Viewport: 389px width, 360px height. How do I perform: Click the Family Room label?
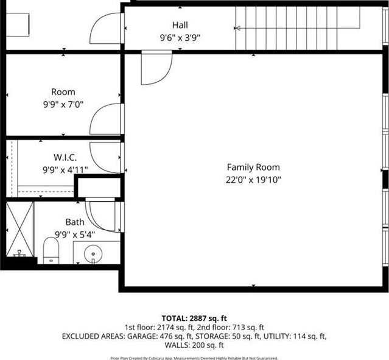pos(253,167)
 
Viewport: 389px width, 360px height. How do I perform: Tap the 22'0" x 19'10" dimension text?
pos(253,180)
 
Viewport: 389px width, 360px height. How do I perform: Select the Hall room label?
pos(180,25)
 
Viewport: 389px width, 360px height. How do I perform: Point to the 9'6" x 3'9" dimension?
pos(180,38)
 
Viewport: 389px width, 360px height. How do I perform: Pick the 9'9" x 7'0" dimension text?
pos(63,105)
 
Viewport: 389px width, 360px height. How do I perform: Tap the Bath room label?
pos(75,222)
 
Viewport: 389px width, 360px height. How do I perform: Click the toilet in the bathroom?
pos(51,250)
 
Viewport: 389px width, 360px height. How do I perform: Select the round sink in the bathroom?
pos(93,254)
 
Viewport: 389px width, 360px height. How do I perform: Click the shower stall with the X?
pos(20,229)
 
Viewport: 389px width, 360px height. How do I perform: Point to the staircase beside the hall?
pos(298,28)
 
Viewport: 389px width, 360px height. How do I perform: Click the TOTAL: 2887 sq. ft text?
pos(194,318)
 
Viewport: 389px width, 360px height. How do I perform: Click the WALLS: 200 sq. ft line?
pos(194,345)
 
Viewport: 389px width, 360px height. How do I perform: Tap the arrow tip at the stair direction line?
pos(235,28)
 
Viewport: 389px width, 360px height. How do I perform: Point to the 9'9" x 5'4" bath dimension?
pos(75,235)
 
